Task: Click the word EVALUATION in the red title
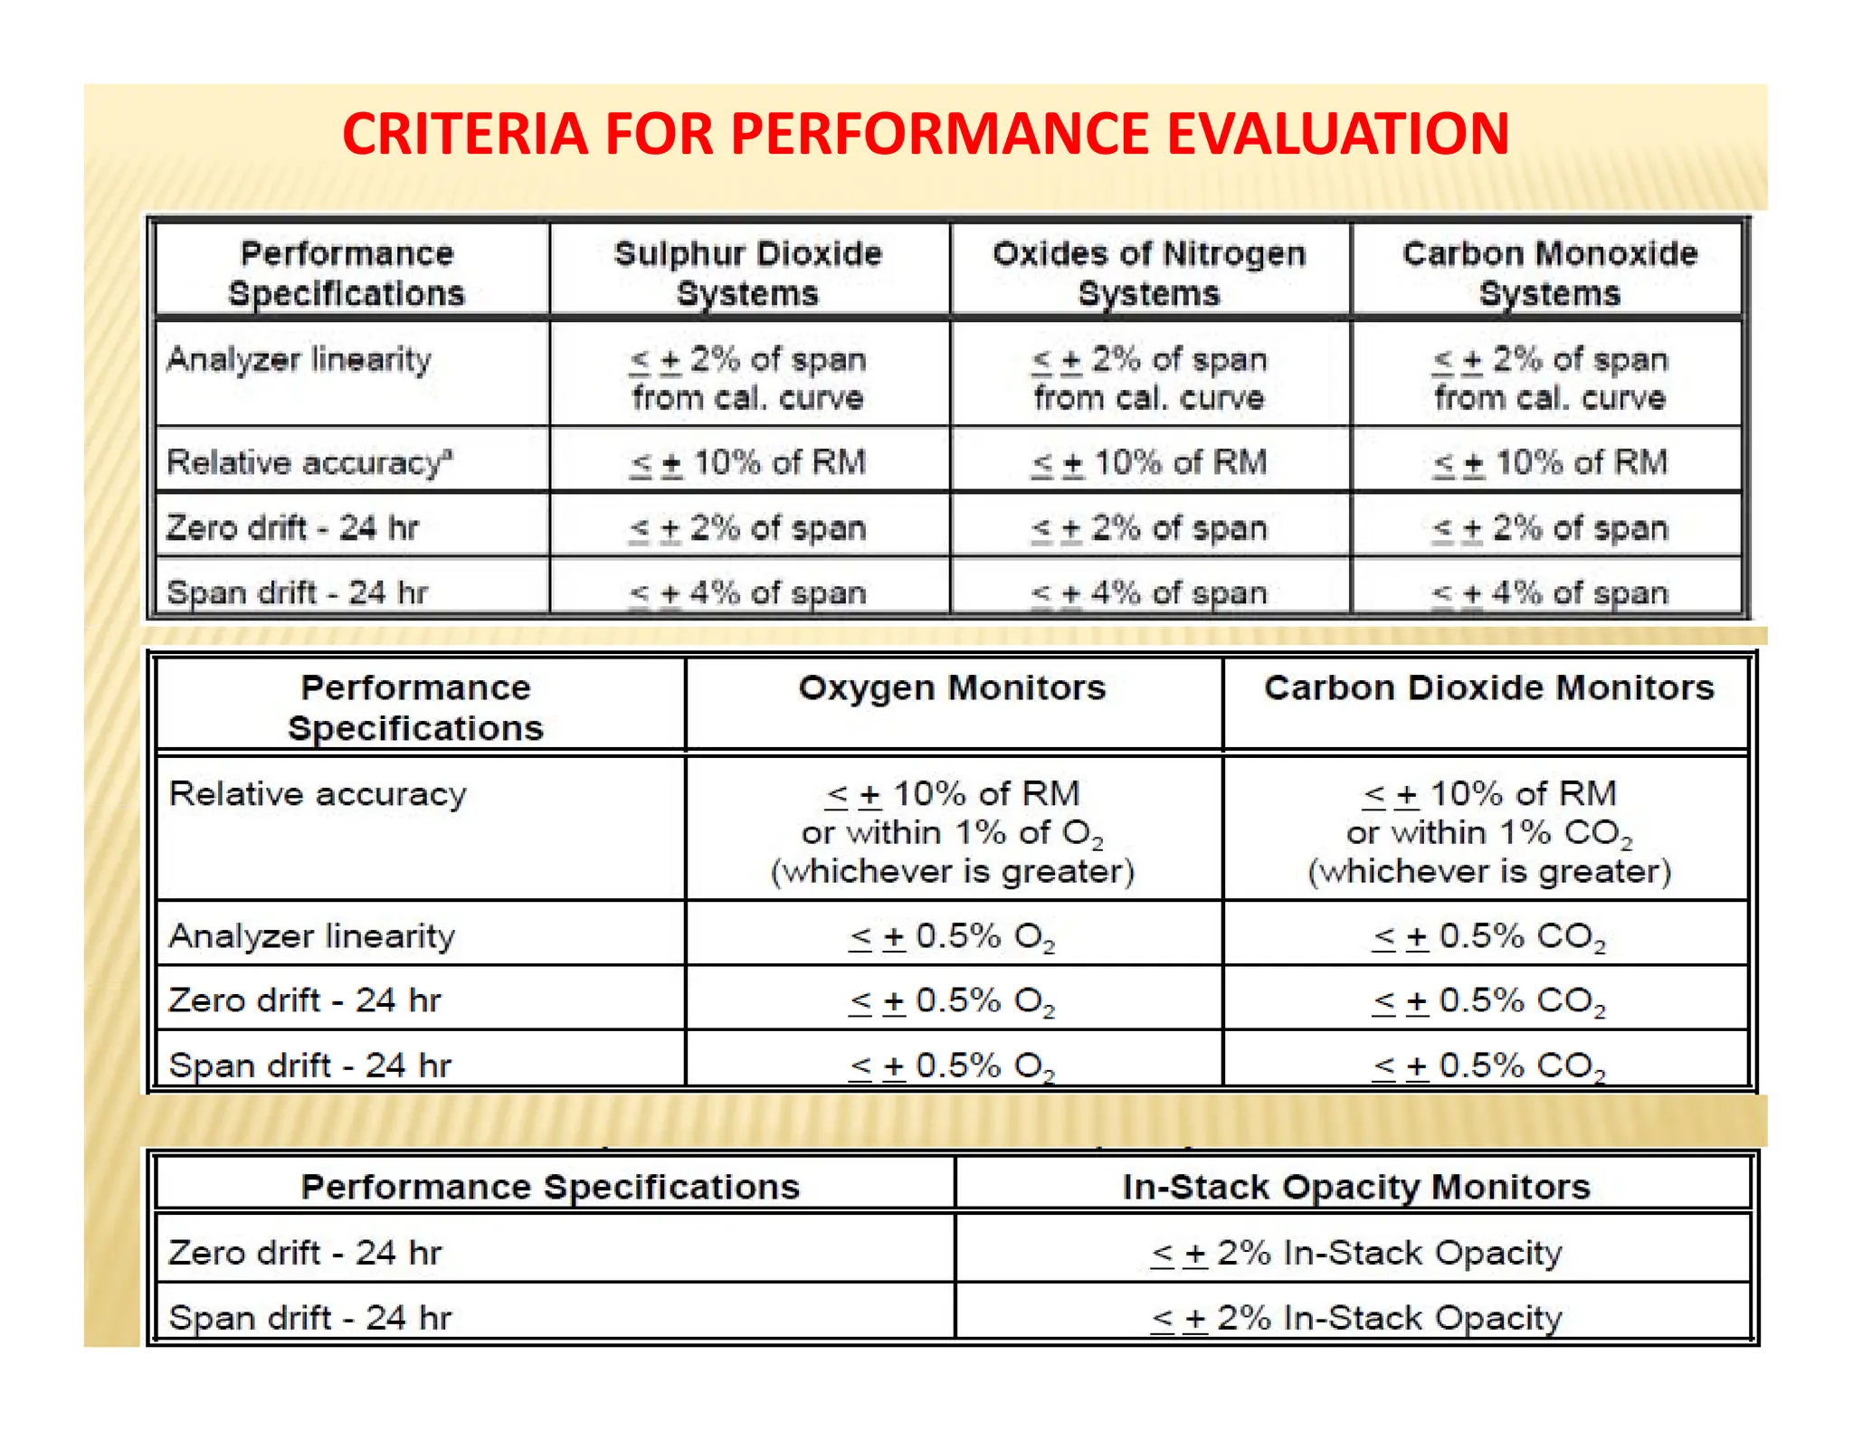(x=1337, y=134)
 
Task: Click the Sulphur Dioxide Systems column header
(x=747, y=273)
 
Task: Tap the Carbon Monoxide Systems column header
(x=1549, y=273)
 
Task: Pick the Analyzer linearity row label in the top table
(x=299, y=360)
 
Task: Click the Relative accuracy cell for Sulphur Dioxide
(x=747, y=462)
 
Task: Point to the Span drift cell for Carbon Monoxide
(x=1549, y=593)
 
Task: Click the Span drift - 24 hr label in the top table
(x=297, y=593)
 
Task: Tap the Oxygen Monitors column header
(x=952, y=688)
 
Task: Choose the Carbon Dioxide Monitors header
(x=1488, y=688)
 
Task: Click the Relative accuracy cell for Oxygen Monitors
(x=952, y=832)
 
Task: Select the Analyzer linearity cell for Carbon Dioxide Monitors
(x=1488, y=936)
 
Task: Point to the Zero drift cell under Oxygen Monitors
(x=952, y=1000)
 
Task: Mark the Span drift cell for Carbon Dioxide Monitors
(x=1488, y=1066)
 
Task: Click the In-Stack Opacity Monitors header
(x=1355, y=1187)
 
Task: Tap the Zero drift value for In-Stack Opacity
(x=1355, y=1253)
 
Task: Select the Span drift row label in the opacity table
(x=309, y=1318)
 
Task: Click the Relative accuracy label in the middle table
(x=318, y=794)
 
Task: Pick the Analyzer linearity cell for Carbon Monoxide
(x=1549, y=378)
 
